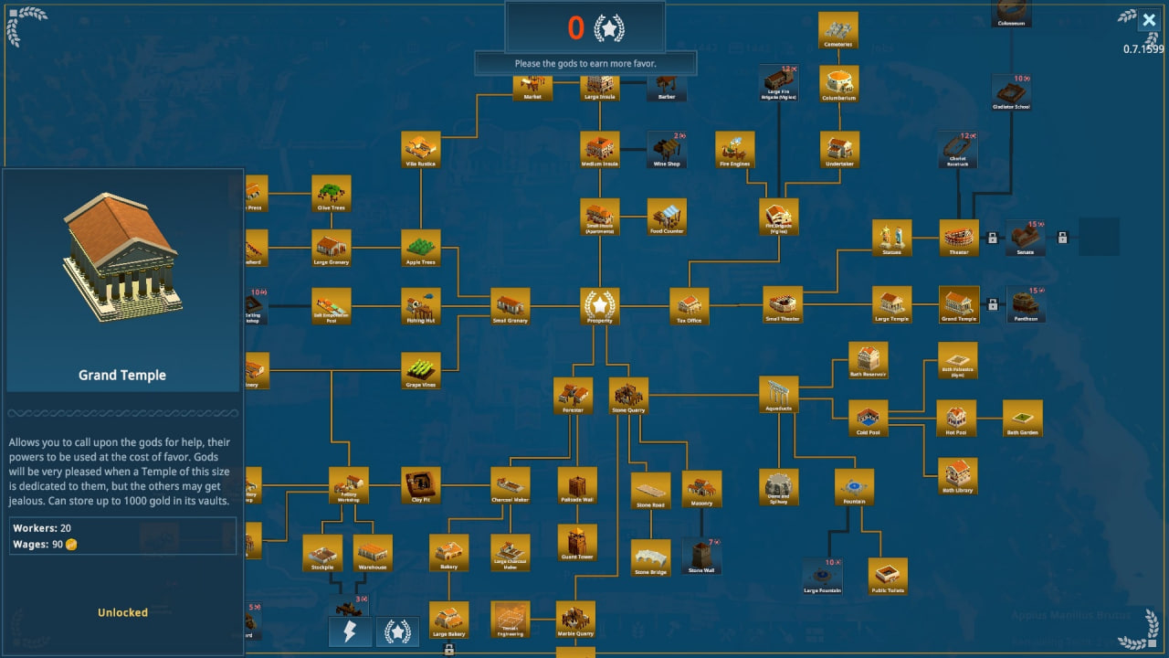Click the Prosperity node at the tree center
pos(600,305)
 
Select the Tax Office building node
pos(690,306)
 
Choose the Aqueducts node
pos(779,394)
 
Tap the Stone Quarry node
pos(628,396)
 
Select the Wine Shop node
pos(667,149)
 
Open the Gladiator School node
pos(1011,91)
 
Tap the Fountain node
pos(854,487)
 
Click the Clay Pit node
pos(420,485)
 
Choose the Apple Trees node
pos(420,248)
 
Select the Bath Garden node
pos(1023,418)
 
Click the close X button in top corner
pos(1149,20)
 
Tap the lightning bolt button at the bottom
pos(350,631)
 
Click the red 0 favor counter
pos(575,28)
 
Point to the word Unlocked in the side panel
pos(122,612)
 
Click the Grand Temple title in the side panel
pos(122,375)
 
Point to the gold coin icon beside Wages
pos(71,545)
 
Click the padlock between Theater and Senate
pos(992,238)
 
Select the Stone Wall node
pos(701,556)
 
